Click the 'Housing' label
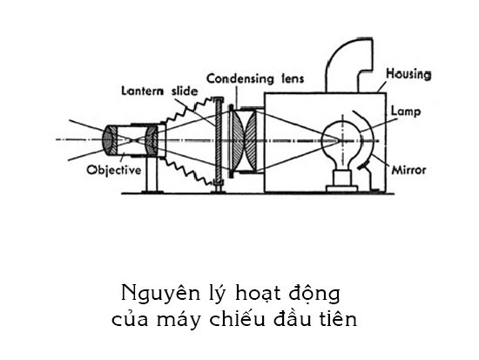coord(408,75)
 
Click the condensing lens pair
coord(243,139)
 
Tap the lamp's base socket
coord(341,180)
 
